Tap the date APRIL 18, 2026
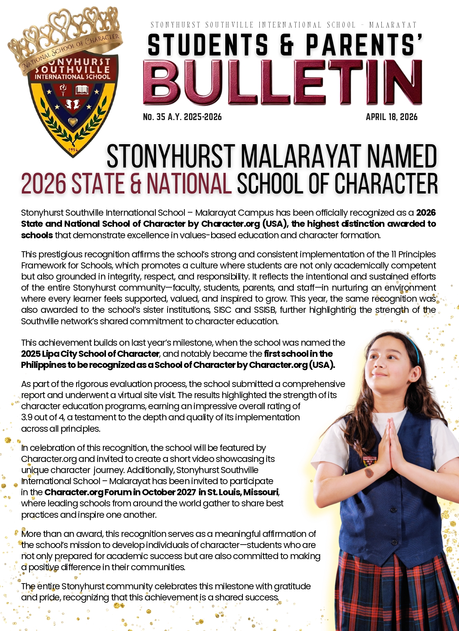[391, 117]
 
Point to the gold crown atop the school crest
[65, 34]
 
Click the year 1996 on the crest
[73, 150]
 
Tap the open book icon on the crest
[82, 90]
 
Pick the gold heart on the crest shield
[73, 122]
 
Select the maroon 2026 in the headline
[44, 184]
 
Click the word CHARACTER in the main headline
[386, 184]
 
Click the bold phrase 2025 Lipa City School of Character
[90, 354]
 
